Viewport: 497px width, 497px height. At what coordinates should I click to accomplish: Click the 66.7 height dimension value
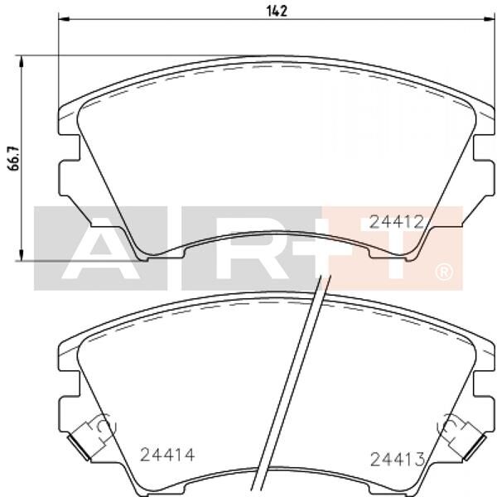click(x=12, y=157)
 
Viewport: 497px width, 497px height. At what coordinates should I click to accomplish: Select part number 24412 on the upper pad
click(x=397, y=222)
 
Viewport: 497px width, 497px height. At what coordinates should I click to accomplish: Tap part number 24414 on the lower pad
click(x=167, y=454)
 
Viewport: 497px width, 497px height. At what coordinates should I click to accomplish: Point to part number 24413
click(x=397, y=459)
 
